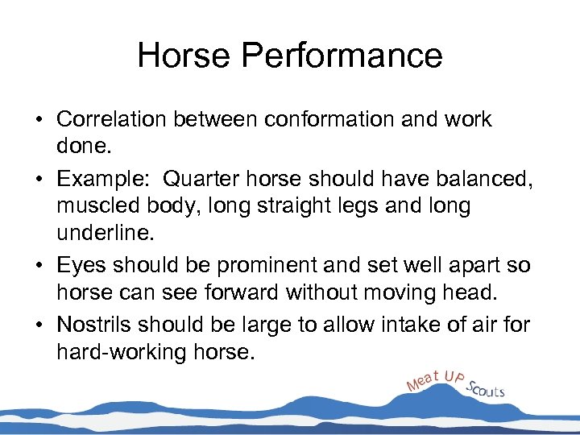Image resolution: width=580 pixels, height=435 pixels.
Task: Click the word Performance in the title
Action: pos(348,56)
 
